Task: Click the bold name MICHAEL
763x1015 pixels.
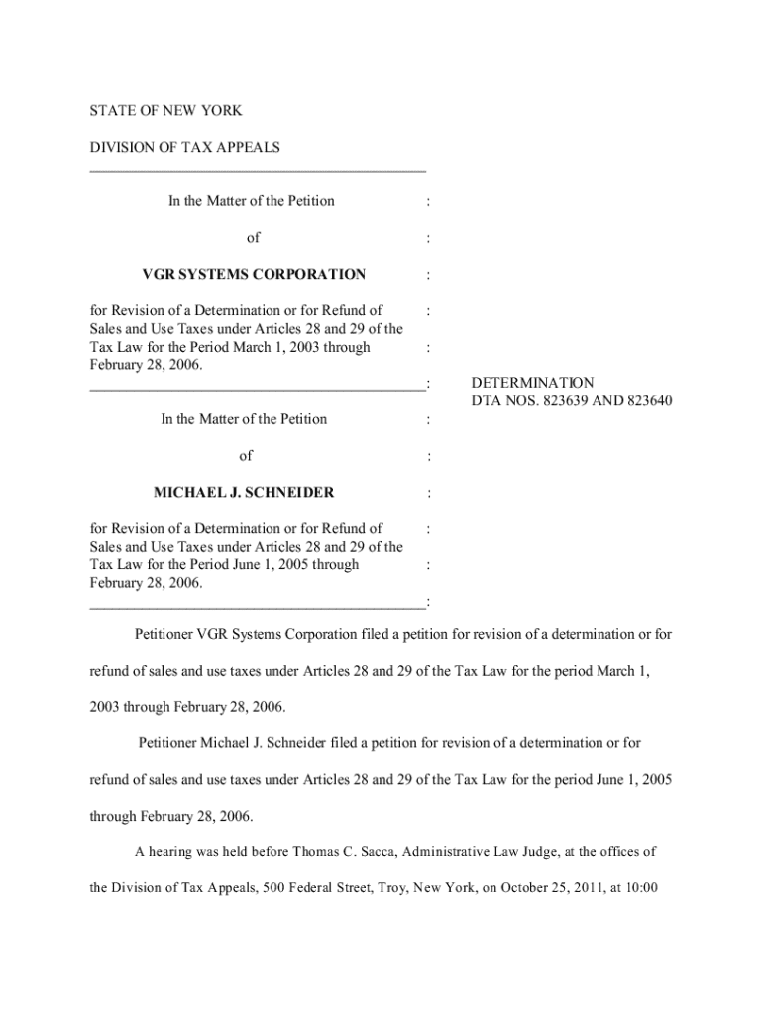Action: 188,492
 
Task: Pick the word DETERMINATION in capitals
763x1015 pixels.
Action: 532,383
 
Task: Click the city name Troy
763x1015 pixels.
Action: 398,888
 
